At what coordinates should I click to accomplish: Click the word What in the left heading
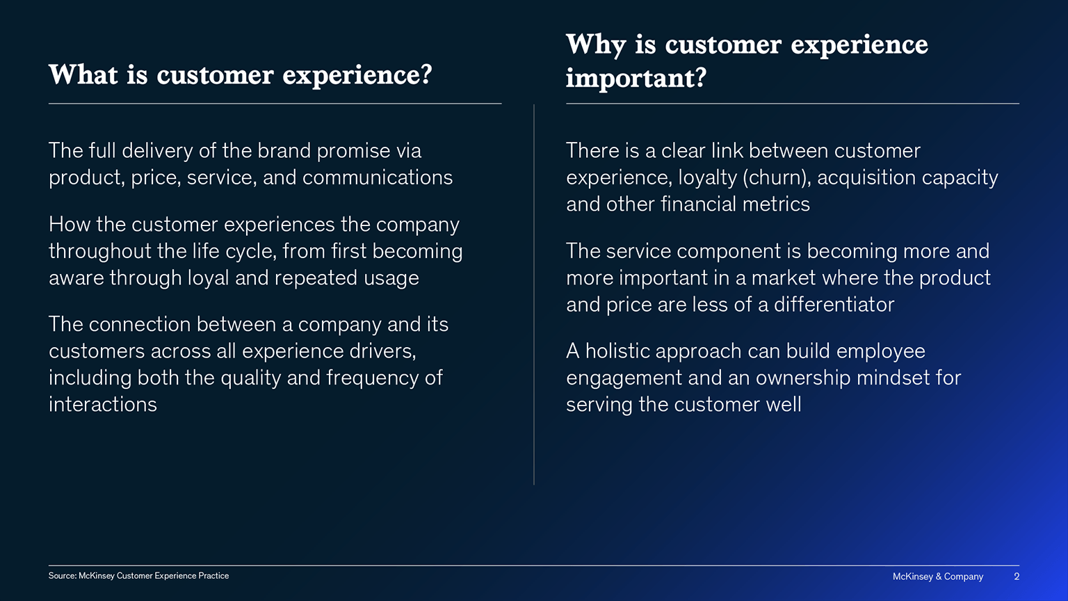pos(83,74)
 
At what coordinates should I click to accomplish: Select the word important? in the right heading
pos(636,78)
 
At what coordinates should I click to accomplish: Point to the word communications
pos(377,177)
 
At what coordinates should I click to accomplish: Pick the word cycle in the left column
pos(250,251)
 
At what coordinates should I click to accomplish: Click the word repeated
pos(316,278)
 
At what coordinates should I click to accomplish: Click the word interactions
pos(102,405)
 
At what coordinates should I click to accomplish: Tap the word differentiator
pos(834,305)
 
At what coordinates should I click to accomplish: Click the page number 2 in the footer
pos(1017,577)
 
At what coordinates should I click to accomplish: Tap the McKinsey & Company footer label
pos(938,577)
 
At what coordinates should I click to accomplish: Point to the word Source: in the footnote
pos(63,576)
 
